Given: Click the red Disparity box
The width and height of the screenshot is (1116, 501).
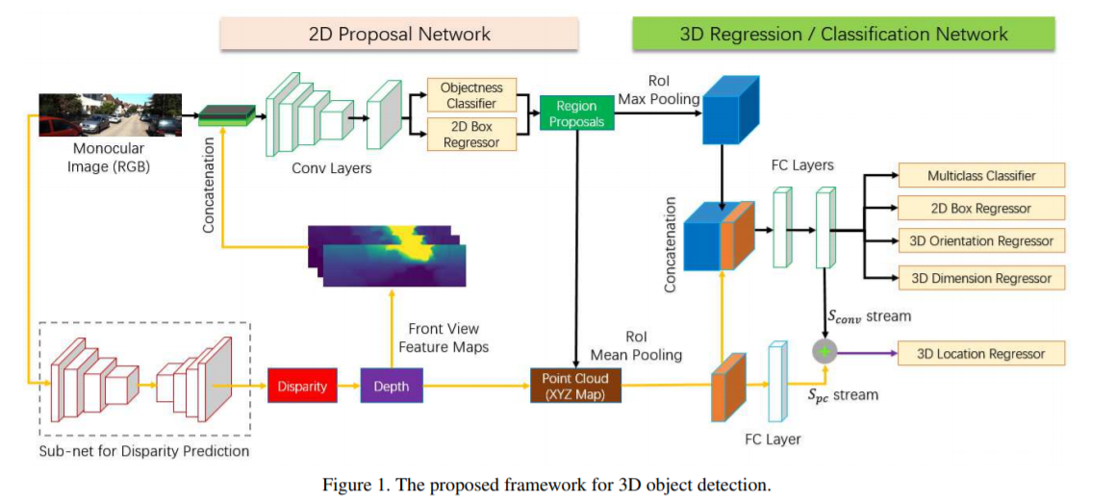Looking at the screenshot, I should [303, 387].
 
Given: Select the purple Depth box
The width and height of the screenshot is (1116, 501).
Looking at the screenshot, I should [391, 387].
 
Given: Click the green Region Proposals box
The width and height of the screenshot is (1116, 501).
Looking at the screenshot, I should [576, 113].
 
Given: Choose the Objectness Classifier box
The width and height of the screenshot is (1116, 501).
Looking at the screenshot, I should [471, 94].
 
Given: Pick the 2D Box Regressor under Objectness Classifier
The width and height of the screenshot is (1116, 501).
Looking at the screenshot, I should [471, 135].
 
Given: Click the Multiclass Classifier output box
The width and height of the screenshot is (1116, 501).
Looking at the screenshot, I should [980, 176].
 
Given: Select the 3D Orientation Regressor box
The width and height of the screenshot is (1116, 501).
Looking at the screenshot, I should [980, 241].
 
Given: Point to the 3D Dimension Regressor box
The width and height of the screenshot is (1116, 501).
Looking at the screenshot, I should [980, 278].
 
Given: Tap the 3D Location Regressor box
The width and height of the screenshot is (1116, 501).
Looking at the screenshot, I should [980, 353].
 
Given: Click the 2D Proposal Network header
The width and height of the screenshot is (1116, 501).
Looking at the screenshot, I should [399, 34].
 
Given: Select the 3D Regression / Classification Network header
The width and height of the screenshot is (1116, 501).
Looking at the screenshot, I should [843, 34].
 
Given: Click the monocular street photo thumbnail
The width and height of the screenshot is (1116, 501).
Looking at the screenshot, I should [110, 115].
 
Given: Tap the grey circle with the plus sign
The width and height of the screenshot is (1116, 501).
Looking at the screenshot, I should [824, 353].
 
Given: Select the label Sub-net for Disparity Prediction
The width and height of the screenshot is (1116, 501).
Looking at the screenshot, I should [144, 451].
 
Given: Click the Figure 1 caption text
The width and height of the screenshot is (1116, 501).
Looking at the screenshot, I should [545, 485].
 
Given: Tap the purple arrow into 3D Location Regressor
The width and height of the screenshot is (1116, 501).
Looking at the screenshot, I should [864, 353].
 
